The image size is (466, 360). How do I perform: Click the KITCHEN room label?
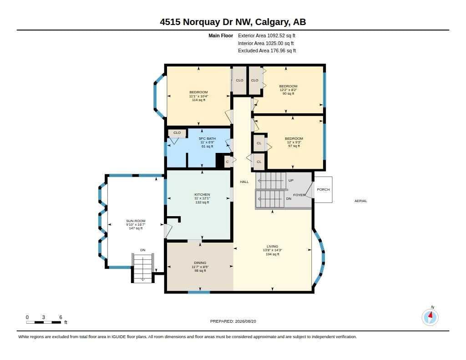202,194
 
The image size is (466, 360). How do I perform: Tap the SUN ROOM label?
136,221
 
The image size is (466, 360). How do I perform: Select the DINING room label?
200,263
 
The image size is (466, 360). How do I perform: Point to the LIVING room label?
272,246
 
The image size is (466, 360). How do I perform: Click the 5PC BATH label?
207,138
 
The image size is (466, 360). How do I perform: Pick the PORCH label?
324,189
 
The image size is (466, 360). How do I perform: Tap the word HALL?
244,182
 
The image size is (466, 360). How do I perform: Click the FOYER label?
299,195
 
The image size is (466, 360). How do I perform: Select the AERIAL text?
361,201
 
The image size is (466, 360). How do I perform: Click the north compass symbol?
430,317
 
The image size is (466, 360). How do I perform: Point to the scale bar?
44,322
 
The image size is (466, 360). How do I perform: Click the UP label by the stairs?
291,180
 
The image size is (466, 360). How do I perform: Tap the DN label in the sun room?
142,250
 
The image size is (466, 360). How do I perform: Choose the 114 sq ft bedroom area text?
198,100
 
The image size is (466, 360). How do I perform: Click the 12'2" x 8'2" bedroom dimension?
288,90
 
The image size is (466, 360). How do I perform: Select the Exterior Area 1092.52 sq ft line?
267,35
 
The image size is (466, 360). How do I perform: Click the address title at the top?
233,22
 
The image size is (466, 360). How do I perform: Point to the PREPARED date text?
233,321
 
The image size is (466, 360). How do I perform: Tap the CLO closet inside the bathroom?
177,132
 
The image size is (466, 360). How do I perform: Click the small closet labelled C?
228,162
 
